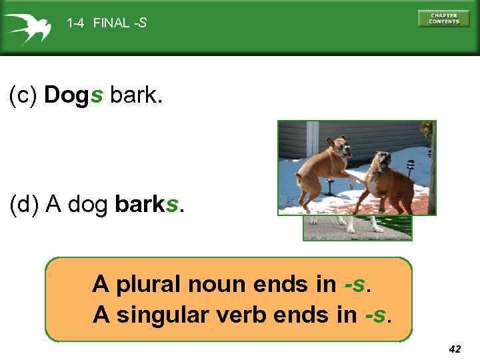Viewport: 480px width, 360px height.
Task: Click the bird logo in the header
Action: pos(27,27)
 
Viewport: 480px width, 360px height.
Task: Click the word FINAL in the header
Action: pos(111,23)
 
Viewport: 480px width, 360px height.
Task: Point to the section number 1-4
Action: pos(75,23)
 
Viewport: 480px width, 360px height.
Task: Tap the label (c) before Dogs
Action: pos(23,96)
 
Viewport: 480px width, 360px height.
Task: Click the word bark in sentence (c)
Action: pos(135,96)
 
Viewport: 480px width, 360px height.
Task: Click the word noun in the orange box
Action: pos(217,285)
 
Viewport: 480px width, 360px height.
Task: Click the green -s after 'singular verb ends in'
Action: pos(377,313)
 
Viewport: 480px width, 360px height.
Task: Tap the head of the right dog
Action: pos(382,161)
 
